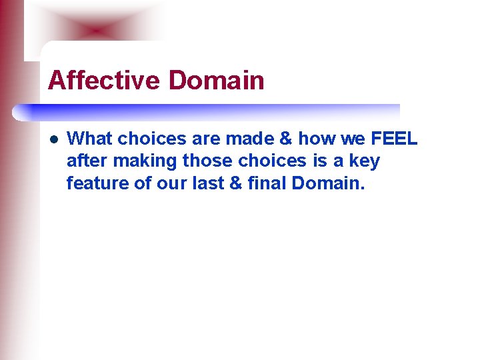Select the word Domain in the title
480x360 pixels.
click(216, 81)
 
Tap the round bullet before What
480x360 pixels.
click(54, 139)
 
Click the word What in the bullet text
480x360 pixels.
click(90, 139)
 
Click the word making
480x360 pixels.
click(139, 161)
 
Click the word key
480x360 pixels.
click(365, 161)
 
